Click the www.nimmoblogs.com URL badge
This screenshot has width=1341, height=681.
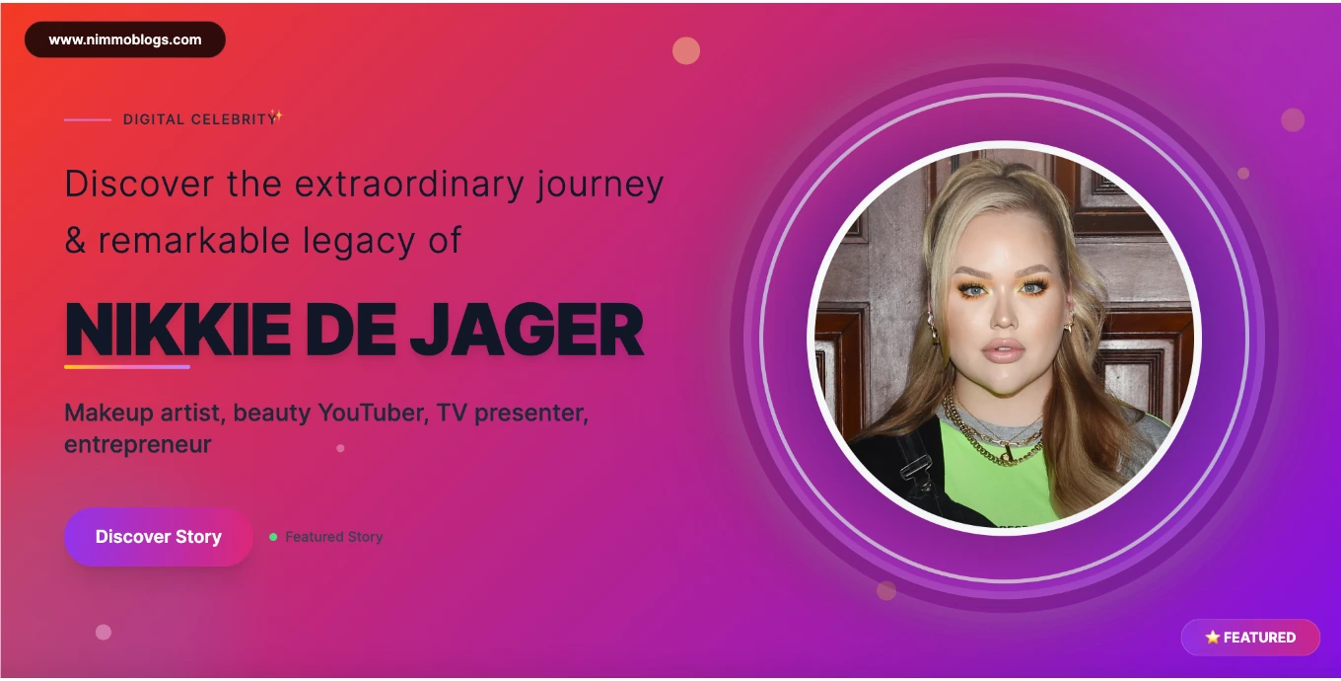(x=125, y=39)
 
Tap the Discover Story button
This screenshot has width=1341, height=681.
(x=159, y=537)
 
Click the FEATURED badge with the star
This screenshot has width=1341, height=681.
(x=1250, y=638)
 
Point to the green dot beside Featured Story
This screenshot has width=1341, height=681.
(x=273, y=537)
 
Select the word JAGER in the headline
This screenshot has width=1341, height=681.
(x=527, y=330)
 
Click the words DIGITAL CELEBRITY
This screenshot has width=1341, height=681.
(x=200, y=119)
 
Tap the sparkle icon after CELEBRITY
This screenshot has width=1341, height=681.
(x=276, y=115)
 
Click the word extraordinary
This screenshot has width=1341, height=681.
(x=409, y=184)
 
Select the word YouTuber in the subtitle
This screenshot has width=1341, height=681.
(x=373, y=413)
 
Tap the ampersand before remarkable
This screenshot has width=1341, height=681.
(x=75, y=240)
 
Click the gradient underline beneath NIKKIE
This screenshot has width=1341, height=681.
(x=127, y=366)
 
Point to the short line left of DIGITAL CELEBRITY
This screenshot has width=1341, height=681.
(x=88, y=119)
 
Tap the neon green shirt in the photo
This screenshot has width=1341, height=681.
(x=994, y=480)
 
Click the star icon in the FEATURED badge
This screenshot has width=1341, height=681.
(x=1212, y=637)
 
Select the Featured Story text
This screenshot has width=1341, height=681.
(x=334, y=537)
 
